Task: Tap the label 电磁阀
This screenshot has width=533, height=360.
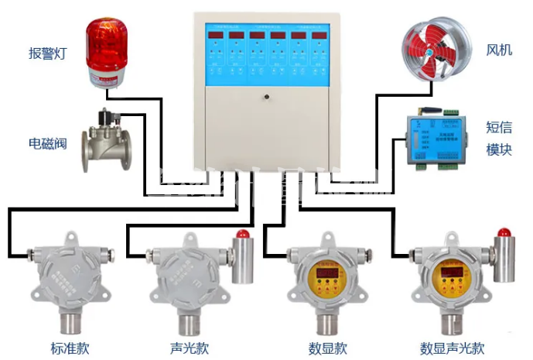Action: pos(48,143)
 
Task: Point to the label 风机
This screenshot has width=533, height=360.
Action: pos(498,50)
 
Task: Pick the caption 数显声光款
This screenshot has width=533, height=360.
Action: pos(452,348)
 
